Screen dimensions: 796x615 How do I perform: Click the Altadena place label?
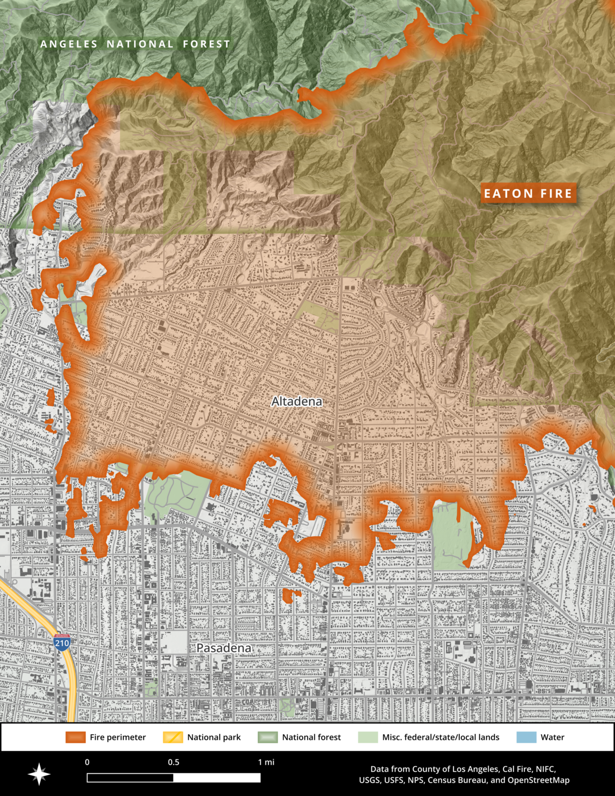pyautogui.click(x=297, y=401)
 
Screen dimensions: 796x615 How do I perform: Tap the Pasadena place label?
pyautogui.click(x=224, y=648)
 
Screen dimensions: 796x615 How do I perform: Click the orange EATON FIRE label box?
pyautogui.click(x=528, y=194)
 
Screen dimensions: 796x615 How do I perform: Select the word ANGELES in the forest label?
pyautogui.click(x=69, y=44)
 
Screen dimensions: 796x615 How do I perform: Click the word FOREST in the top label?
pyautogui.click(x=206, y=44)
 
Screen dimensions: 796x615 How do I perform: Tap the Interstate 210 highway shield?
pyautogui.click(x=62, y=643)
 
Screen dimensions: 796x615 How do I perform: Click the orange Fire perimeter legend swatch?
pyautogui.click(x=75, y=737)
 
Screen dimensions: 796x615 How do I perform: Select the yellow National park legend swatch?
pyautogui.click(x=173, y=737)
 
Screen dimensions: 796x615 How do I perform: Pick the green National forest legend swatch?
pyautogui.click(x=267, y=737)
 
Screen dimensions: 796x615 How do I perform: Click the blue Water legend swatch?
pyautogui.click(x=526, y=737)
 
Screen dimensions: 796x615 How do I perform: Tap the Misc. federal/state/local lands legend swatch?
pyautogui.click(x=368, y=737)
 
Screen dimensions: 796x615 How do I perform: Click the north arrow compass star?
pyautogui.click(x=39, y=774)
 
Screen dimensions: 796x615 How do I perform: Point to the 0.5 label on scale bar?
pyautogui.click(x=174, y=762)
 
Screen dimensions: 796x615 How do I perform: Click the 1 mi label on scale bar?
pyautogui.click(x=266, y=762)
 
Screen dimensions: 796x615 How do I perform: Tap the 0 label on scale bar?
pyautogui.click(x=87, y=762)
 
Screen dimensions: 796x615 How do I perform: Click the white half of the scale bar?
pyautogui.click(x=217, y=778)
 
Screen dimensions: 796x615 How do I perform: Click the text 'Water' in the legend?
pyautogui.click(x=553, y=737)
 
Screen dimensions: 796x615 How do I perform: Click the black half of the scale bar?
pyautogui.click(x=130, y=778)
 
